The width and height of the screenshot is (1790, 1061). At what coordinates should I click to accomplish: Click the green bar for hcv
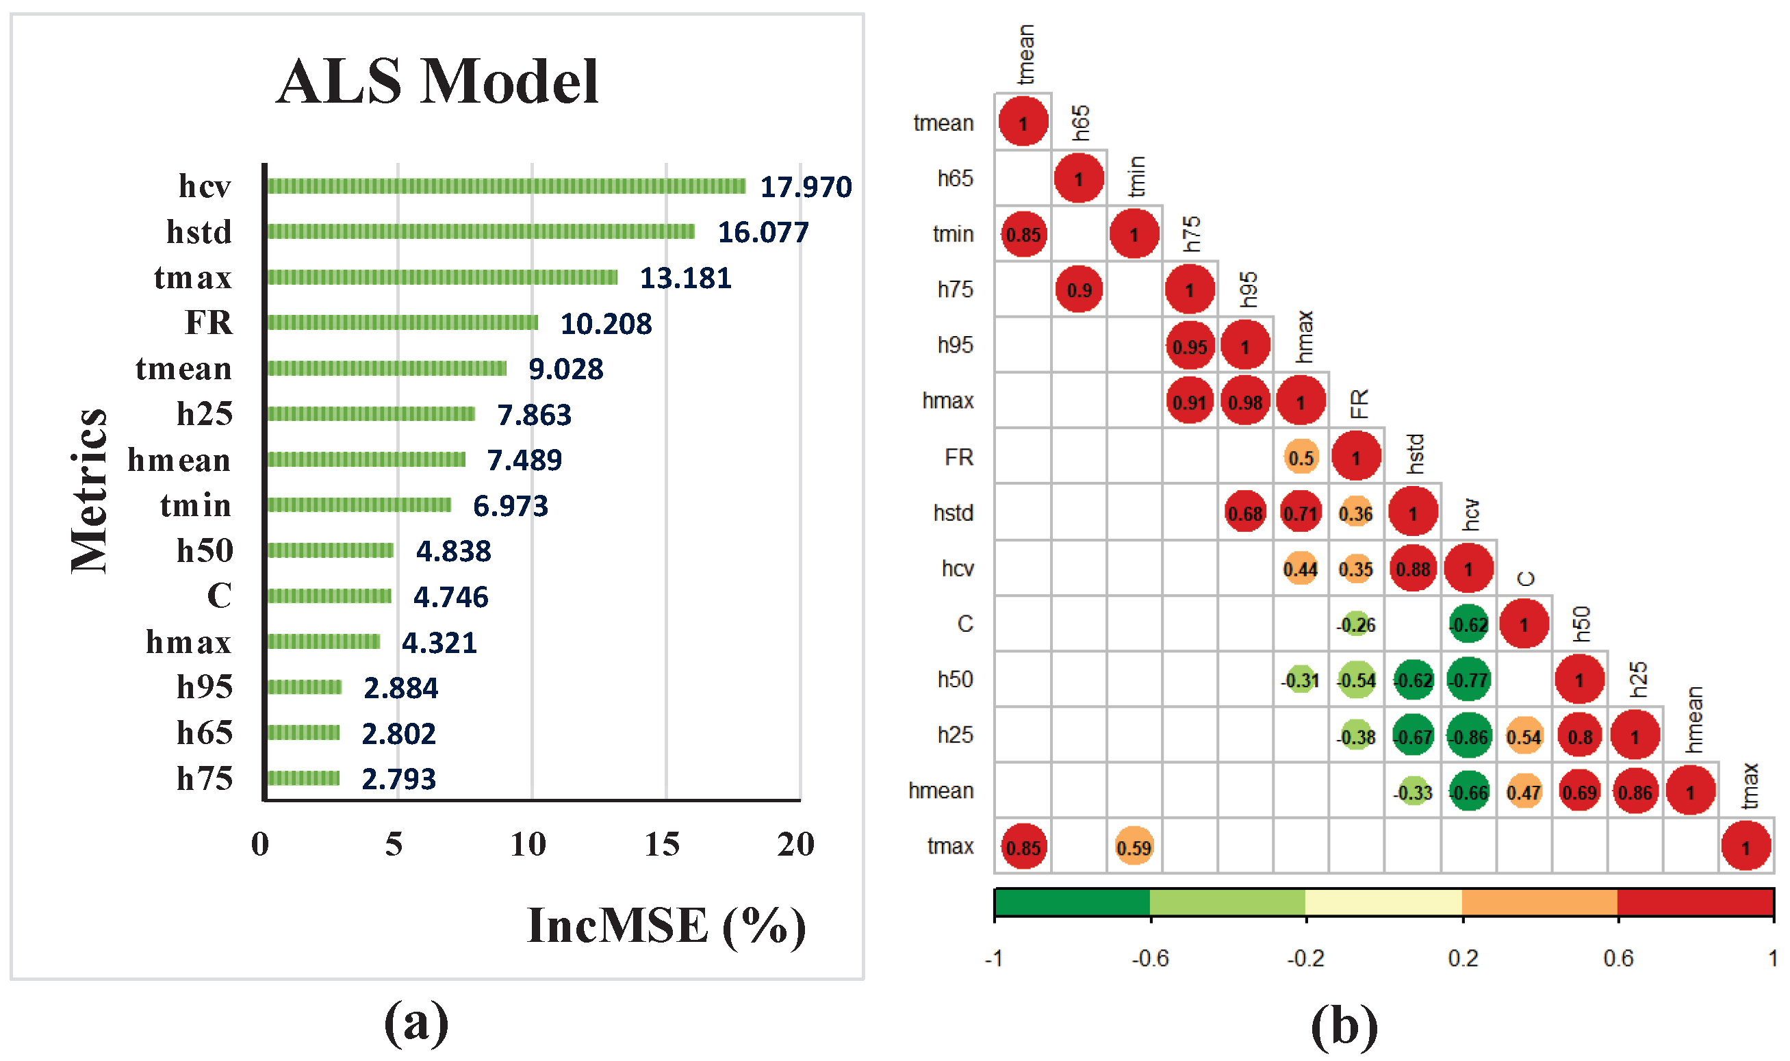(x=506, y=187)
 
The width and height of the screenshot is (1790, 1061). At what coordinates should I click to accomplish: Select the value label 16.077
(x=763, y=232)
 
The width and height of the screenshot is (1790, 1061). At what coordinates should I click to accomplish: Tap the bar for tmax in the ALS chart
(x=442, y=277)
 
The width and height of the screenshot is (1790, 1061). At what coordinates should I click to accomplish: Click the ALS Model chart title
(x=437, y=81)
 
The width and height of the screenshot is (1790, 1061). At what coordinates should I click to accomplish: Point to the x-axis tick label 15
(x=662, y=845)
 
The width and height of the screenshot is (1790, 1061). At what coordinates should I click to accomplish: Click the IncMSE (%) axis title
(x=666, y=927)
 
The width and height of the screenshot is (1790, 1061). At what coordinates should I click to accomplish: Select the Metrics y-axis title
(x=90, y=491)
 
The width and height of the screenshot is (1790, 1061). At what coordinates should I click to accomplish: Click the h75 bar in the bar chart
(x=303, y=778)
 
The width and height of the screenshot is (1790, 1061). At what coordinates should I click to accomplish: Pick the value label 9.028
(x=565, y=370)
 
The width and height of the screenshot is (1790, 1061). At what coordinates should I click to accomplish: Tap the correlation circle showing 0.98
(x=1245, y=402)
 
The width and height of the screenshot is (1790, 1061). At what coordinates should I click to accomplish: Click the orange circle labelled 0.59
(x=1134, y=848)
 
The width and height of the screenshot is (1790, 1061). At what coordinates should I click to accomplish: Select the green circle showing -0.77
(x=1468, y=680)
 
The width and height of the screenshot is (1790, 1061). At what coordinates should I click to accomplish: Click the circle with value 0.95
(x=1190, y=347)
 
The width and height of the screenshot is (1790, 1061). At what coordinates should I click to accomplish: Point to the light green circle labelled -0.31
(x=1301, y=680)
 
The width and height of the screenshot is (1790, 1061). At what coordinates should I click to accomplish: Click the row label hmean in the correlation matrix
(x=941, y=791)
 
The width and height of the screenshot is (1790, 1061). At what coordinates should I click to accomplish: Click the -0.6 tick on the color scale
(x=1149, y=959)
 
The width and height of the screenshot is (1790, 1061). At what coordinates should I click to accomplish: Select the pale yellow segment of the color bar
(x=1383, y=903)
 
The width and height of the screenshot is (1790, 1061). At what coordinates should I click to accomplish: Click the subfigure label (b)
(x=1344, y=1026)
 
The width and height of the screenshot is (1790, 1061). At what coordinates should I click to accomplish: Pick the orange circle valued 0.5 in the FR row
(x=1301, y=457)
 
